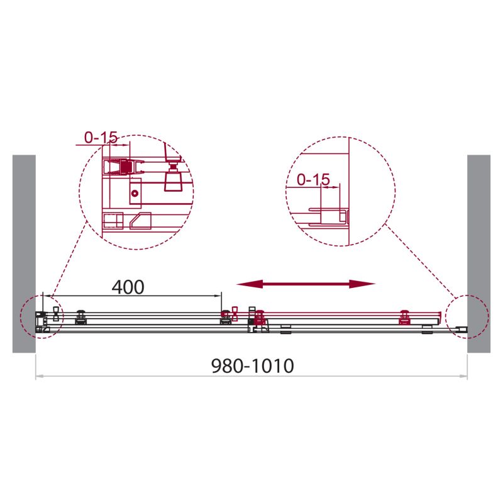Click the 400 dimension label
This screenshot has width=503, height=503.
click(128, 287)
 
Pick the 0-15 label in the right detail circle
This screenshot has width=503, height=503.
click(312, 180)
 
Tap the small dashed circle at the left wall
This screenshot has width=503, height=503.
click(40, 316)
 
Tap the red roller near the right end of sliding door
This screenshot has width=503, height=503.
click(406, 317)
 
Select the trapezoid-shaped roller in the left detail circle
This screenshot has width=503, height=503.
click(172, 181)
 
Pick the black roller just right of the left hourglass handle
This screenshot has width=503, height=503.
click(80, 317)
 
